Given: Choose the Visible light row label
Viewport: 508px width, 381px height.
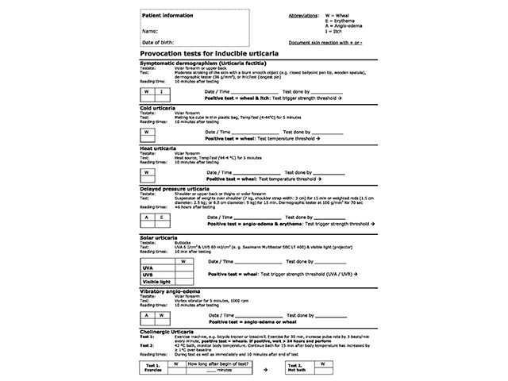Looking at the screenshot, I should (156, 282).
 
